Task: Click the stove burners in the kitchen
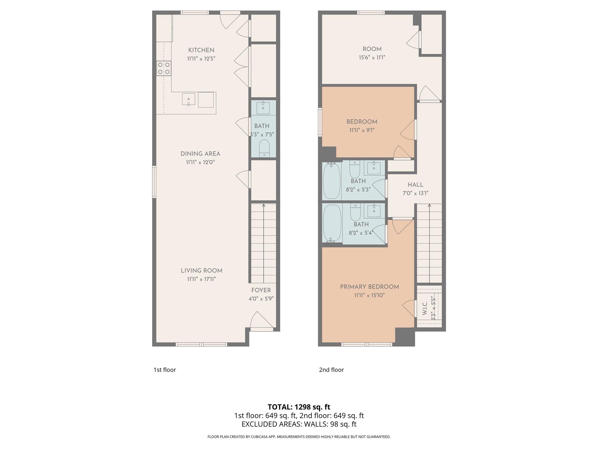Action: [x=164, y=68]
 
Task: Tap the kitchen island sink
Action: [x=189, y=99]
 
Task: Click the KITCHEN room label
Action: [x=201, y=50]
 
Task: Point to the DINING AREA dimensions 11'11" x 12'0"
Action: [x=200, y=162]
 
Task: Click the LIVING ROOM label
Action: [x=201, y=271]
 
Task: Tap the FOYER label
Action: [x=261, y=290]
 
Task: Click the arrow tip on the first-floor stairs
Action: [x=264, y=205]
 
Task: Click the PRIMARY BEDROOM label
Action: [x=369, y=287]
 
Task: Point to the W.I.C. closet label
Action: [x=425, y=308]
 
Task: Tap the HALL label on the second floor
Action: [x=416, y=185]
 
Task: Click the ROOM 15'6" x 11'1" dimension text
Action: [x=372, y=58]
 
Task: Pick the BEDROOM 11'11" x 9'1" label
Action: [x=362, y=122]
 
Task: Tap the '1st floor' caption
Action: [x=165, y=370]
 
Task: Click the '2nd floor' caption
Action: [x=331, y=370]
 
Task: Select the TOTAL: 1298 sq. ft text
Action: [x=299, y=407]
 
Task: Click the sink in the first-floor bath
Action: [x=263, y=108]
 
